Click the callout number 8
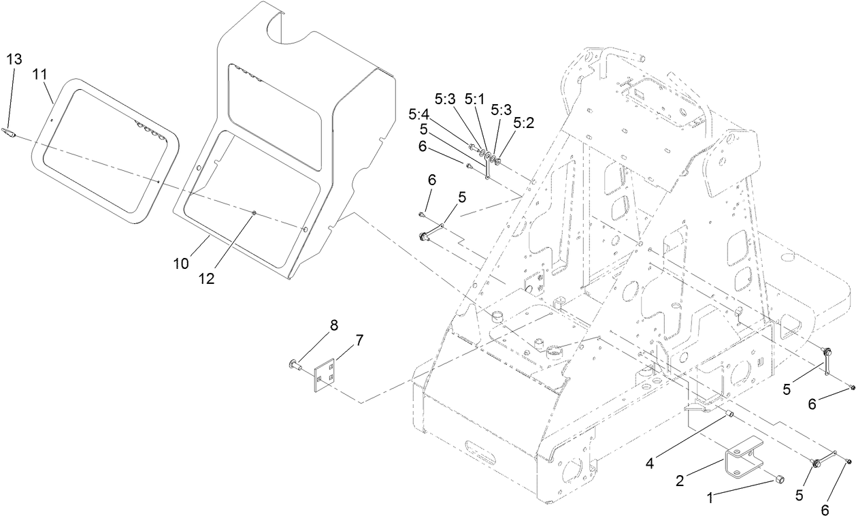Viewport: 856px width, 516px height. coord(334,325)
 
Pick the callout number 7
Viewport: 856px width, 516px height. coord(360,339)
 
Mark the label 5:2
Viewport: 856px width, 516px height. coord(523,123)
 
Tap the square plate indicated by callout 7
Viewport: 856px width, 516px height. coord(325,376)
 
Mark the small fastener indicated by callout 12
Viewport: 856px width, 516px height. coord(253,214)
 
